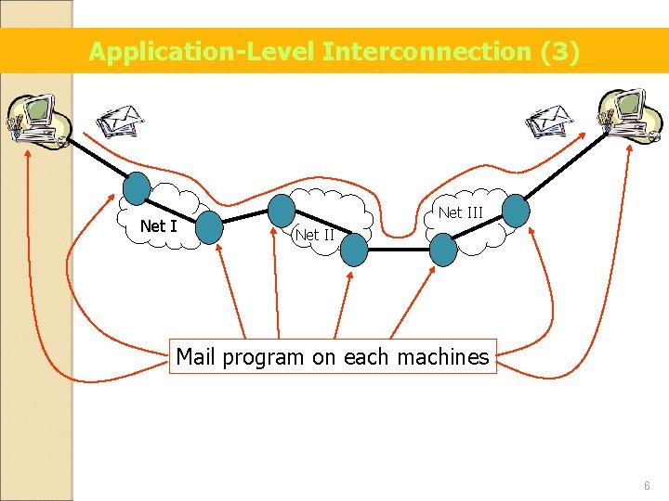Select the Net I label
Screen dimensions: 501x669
[158, 225]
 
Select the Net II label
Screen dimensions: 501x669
[314, 235]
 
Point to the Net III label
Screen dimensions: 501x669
[461, 212]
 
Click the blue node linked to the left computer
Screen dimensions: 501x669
[137, 187]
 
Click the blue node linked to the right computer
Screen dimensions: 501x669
[516, 211]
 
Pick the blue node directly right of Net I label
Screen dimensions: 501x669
[210, 226]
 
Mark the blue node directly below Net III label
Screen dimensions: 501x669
[443, 248]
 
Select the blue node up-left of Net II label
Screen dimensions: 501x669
[282, 209]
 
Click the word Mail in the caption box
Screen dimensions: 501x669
[196, 357]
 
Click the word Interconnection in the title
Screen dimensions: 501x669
[427, 52]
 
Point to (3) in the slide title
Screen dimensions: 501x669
[560, 52]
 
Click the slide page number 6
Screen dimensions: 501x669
[646, 486]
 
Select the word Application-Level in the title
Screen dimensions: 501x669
[202, 52]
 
